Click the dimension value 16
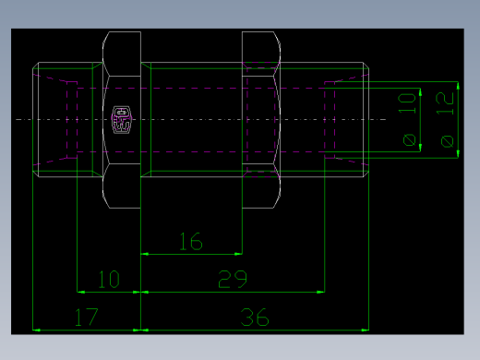pos(190,242)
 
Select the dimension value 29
pos(232,279)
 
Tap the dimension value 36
pos(254,318)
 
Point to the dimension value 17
pos(86,318)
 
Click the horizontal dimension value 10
pos(108,279)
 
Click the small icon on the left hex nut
pos(121,118)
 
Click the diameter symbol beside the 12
pos(447,140)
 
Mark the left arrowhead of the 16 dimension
pos(143,253)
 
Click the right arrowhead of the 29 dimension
pos(321,292)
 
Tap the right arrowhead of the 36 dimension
pos(366,329)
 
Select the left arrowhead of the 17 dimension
pos(36,329)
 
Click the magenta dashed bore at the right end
pos(331,118)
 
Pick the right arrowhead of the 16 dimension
pos(239,253)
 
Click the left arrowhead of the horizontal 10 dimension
pos(78,292)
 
